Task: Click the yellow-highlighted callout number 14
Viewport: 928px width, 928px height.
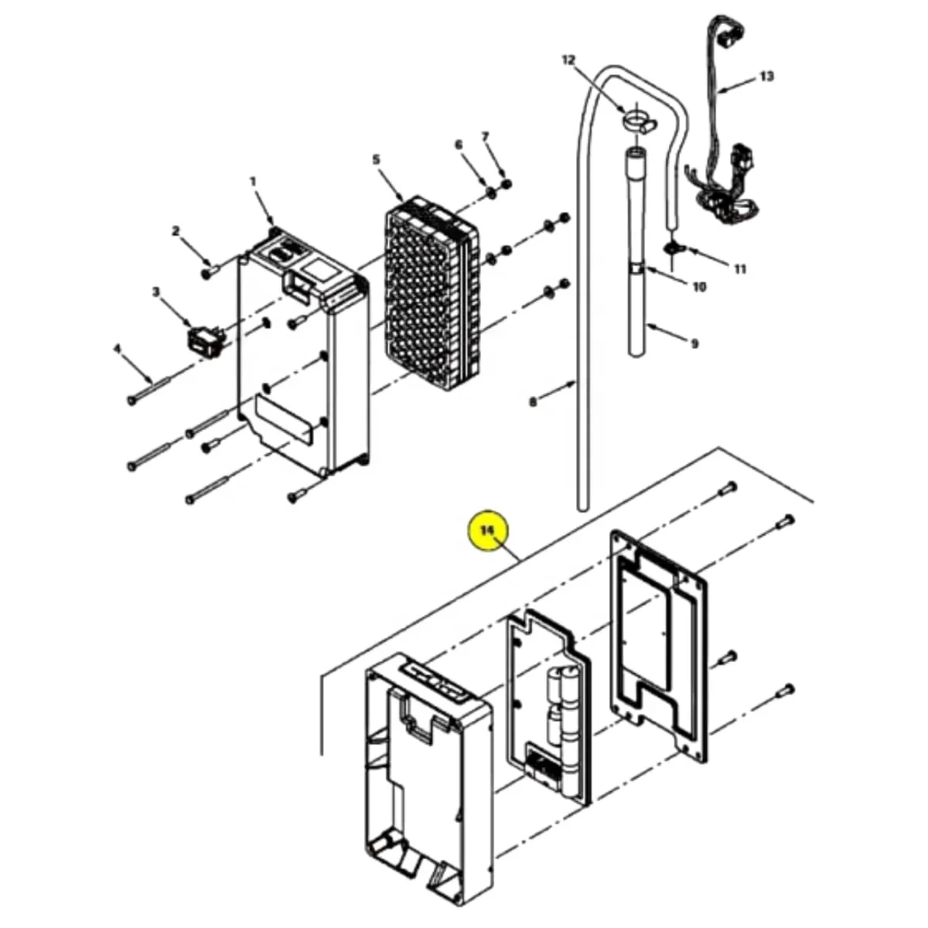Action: [x=488, y=531]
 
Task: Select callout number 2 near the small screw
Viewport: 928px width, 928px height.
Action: [x=176, y=232]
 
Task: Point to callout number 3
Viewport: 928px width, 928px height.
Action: [x=156, y=292]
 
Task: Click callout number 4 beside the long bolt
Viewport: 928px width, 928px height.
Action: [x=117, y=348]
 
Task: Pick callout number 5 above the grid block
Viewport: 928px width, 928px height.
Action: [x=376, y=159]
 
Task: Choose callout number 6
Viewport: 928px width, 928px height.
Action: [x=459, y=145]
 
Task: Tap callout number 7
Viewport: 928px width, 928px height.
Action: [x=485, y=137]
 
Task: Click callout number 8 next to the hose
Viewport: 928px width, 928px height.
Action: [x=533, y=401]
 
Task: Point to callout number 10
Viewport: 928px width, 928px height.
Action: [x=699, y=287]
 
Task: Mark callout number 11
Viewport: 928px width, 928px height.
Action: [x=740, y=269]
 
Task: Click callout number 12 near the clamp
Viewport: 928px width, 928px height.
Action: [x=568, y=60]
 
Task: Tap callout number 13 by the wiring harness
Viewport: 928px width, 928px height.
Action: [x=766, y=76]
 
